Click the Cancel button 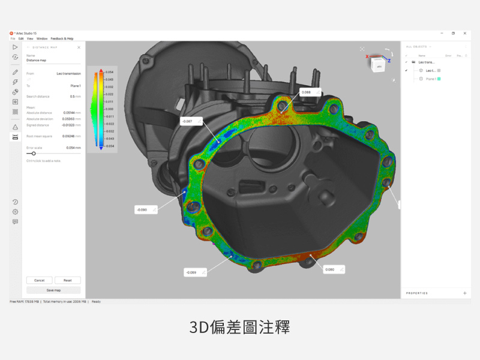tap(39, 280)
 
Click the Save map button tap(53, 290)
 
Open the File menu tap(13, 38)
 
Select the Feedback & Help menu tap(62, 38)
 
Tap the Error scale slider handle tap(34, 154)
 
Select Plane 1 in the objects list tap(431, 79)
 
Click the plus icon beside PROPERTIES tap(464, 293)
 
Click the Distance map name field tap(53, 61)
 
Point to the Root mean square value tap(71, 136)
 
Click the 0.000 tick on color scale tap(109, 109)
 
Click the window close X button tap(465, 33)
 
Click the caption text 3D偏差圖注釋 tap(240, 328)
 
